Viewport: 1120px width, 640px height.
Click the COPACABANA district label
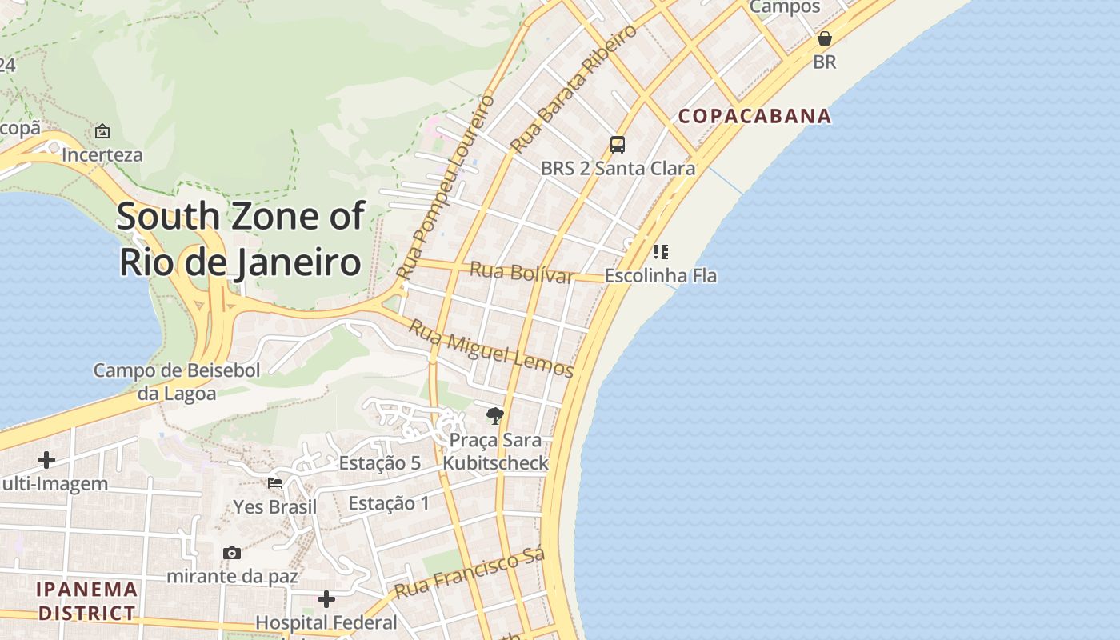pyautogui.click(x=754, y=116)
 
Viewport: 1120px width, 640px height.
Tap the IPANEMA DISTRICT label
pyautogui.click(x=87, y=602)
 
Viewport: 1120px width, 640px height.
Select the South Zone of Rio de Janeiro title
pyautogui.click(x=241, y=239)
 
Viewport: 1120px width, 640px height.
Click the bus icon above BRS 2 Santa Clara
pyautogui.click(x=618, y=145)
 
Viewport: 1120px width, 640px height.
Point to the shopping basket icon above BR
pyautogui.click(x=825, y=38)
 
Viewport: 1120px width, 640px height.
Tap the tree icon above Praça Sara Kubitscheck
pyautogui.click(x=495, y=416)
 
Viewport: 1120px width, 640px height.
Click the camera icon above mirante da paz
pyautogui.click(x=232, y=553)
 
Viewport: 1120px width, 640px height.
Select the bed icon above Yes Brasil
pyautogui.click(x=275, y=483)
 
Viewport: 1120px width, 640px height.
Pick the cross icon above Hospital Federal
pyautogui.click(x=326, y=598)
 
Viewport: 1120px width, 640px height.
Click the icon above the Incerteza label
pyautogui.click(x=102, y=131)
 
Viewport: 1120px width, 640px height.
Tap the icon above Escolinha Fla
pyautogui.click(x=661, y=252)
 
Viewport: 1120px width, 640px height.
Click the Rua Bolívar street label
pyautogui.click(x=522, y=272)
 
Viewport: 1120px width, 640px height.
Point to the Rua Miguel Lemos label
pyautogui.click(x=491, y=348)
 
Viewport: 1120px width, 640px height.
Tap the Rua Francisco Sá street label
pyautogui.click(x=470, y=573)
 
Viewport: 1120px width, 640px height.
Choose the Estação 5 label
pyautogui.click(x=379, y=463)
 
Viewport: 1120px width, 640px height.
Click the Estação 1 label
pyautogui.click(x=389, y=503)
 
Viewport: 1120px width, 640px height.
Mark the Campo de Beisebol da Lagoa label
pyautogui.click(x=177, y=382)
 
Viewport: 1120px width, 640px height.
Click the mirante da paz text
pyautogui.click(x=232, y=576)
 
